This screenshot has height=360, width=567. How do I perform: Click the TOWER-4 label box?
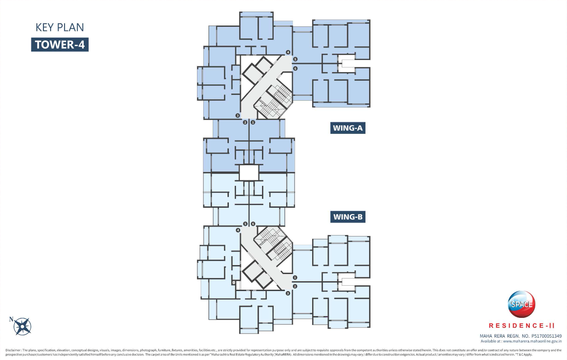click(x=60, y=45)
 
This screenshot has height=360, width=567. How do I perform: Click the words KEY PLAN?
click(x=60, y=28)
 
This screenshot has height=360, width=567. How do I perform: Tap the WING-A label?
click(x=348, y=128)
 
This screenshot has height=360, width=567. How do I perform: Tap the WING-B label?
click(x=348, y=217)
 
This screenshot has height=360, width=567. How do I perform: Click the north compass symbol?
click(x=21, y=326)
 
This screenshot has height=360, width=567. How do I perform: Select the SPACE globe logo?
click(x=521, y=304)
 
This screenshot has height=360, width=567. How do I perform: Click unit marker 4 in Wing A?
click(x=288, y=52)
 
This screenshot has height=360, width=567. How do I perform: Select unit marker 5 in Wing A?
click(x=295, y=59)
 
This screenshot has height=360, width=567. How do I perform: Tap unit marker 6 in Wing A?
click(x=295, y=69)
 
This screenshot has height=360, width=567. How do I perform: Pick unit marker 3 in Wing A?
click(x=238, y=116)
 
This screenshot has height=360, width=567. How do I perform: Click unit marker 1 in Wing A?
click(x=253, y=122)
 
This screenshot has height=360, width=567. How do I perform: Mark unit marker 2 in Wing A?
click(x=245, y=122)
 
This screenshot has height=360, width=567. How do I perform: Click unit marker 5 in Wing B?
click(x=245, y=223)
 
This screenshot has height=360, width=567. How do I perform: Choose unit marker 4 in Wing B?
click(x=238, y=231)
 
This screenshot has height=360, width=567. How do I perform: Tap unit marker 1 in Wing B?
click(x=295, y=278)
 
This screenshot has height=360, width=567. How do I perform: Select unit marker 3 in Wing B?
click(x=288, y=293)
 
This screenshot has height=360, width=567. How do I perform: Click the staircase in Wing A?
click(x=273, y=101)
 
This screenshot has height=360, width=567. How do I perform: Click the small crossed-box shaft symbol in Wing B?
click(x=233, y=283)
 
